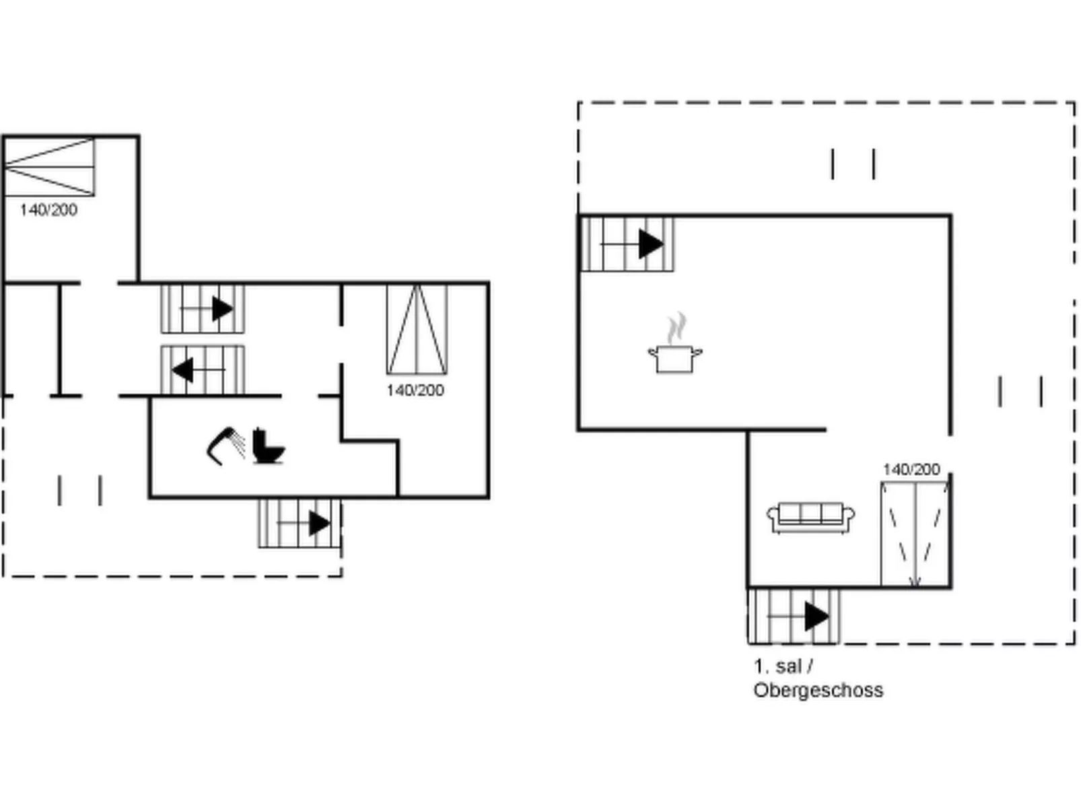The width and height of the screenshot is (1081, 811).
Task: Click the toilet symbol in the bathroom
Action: click(269, 446)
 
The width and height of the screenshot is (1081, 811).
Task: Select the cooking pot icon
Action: click(675, 358)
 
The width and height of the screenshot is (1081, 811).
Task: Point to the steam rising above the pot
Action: click(676, 327)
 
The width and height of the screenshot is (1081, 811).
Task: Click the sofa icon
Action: click(810, 517)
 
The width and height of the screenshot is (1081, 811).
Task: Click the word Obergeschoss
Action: click(818, 690)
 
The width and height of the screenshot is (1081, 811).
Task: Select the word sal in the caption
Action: click(788, 666)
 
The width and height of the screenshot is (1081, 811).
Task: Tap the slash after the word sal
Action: click(810, 666)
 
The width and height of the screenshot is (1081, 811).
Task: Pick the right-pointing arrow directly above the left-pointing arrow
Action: click(222, 309)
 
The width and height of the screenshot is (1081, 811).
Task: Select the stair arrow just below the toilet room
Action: click(319, 523)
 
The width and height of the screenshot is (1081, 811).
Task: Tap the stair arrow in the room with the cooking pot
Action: click(650, 244)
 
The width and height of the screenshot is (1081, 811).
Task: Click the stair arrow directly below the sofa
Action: click(816, 616)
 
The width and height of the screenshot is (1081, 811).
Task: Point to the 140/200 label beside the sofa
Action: click(911, 469)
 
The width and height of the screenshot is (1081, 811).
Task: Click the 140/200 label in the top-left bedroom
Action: click(48, 210)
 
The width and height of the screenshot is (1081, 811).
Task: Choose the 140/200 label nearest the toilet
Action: click(415, 390)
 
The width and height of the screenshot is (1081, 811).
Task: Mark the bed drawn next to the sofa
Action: click(915, 534)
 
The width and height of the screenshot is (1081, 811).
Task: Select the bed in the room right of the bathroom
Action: click(417, 329)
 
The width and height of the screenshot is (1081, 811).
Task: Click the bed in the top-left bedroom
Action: click(48, 166)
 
